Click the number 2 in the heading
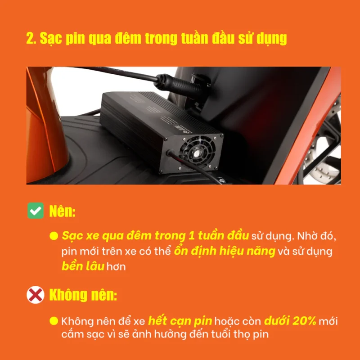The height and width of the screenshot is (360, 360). click(30, 38)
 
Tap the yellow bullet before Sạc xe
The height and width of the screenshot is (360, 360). click(54, 236)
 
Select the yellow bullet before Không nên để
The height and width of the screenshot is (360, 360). click(54, 321)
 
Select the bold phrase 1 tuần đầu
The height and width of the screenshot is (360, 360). click(216, 236)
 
